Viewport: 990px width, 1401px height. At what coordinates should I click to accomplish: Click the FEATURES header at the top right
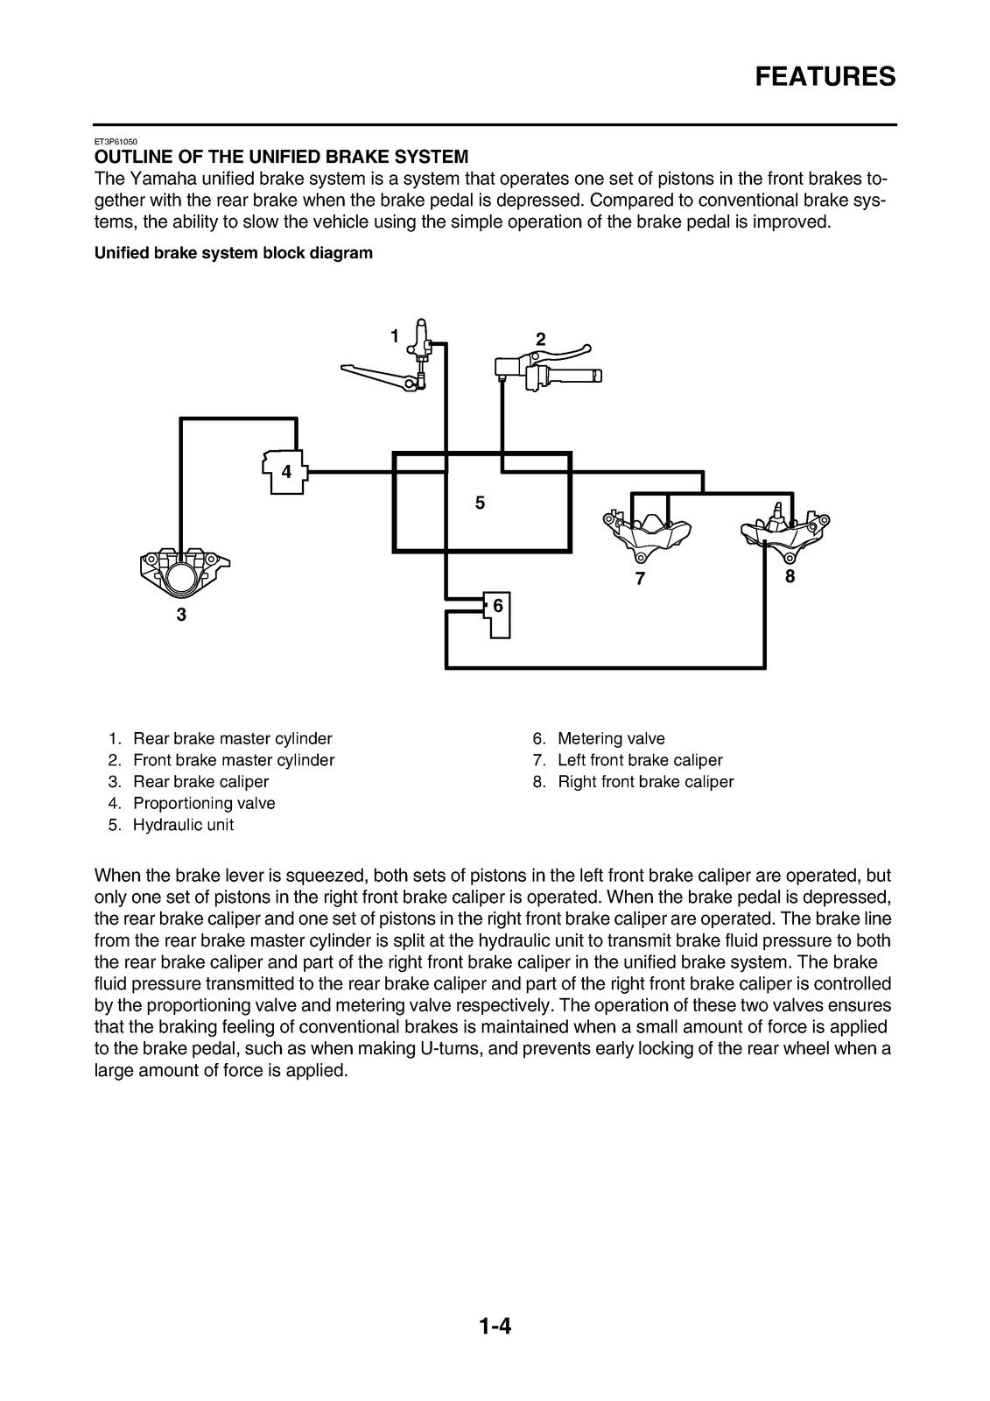pos(825,77)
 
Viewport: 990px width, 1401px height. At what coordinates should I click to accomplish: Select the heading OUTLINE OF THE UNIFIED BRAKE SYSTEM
pos(281,157)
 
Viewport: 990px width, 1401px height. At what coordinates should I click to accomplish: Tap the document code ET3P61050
pos(116,142)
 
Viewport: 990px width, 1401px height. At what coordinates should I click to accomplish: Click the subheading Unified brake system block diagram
pos(233,253)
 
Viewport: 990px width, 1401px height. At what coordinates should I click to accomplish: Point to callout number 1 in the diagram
pos(395,336)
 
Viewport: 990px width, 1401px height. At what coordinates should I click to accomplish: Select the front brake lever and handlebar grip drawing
pos(548,368)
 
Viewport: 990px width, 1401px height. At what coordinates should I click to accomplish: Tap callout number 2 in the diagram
pos(540,339)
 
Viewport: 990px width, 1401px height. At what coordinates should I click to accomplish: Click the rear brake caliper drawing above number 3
pos(185,573)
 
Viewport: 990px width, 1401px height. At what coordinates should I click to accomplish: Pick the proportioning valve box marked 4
pos(285,472)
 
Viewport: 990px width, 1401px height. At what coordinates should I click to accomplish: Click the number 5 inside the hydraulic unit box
pos(480,503)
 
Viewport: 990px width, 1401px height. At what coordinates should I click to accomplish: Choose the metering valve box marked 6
pos(497,614)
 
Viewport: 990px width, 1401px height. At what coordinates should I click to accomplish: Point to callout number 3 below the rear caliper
pos(181,615)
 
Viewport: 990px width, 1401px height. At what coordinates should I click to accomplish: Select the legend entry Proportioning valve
pos(192,803)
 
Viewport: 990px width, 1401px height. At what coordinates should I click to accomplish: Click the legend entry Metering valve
pos(599,739)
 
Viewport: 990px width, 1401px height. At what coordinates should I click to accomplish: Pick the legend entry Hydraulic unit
pos(171,825)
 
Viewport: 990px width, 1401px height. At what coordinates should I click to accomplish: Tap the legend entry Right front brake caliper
pos(633,782)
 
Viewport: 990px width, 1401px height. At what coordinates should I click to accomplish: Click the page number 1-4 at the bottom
pos(495,1326)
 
